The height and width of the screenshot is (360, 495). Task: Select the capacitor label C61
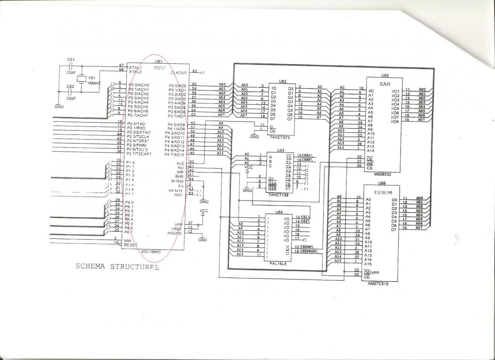pyautogui.click(x=71, y=60)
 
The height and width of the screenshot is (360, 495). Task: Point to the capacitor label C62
pyautogui.click(x=70, y=87)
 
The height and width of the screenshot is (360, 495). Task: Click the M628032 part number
pyautogui.click(x=383, y=174)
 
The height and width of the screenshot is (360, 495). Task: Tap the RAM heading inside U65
pyautogui.click(x=385, y=84)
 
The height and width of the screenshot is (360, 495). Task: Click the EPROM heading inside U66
pyautogui.click(x=383, y=192)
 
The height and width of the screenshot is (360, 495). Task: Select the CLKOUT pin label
pyautogui.click(x=179, y=73)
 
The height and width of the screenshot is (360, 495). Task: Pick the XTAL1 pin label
pyautogui.click(x=135, y=67)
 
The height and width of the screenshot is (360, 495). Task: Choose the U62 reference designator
pyautogui.click(x=282, y=82)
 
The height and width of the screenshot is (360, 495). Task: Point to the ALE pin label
pyautogui.click(x=180, y=163)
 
